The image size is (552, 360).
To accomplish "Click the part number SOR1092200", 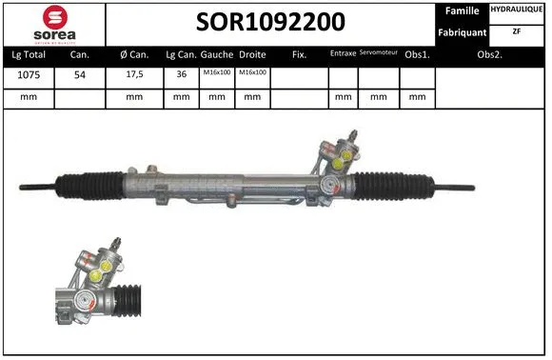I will (x=270, y=22).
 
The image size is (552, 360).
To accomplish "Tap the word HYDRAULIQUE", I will (x=518, y=10).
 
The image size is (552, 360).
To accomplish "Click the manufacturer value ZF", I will (x=517, y=31).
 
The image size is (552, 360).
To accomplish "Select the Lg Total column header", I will (x=29, y=55).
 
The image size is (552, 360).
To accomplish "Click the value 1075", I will (x=29, y=75).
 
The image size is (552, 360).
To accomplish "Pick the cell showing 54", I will (x=80, y=75).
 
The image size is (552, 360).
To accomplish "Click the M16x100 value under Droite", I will (x=252, y=74).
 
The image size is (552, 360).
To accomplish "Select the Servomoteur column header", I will (x=379, y=54).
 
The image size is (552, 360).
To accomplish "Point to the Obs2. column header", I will (x=490, y=55).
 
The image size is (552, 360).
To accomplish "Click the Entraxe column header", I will (x=342, y=54).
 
